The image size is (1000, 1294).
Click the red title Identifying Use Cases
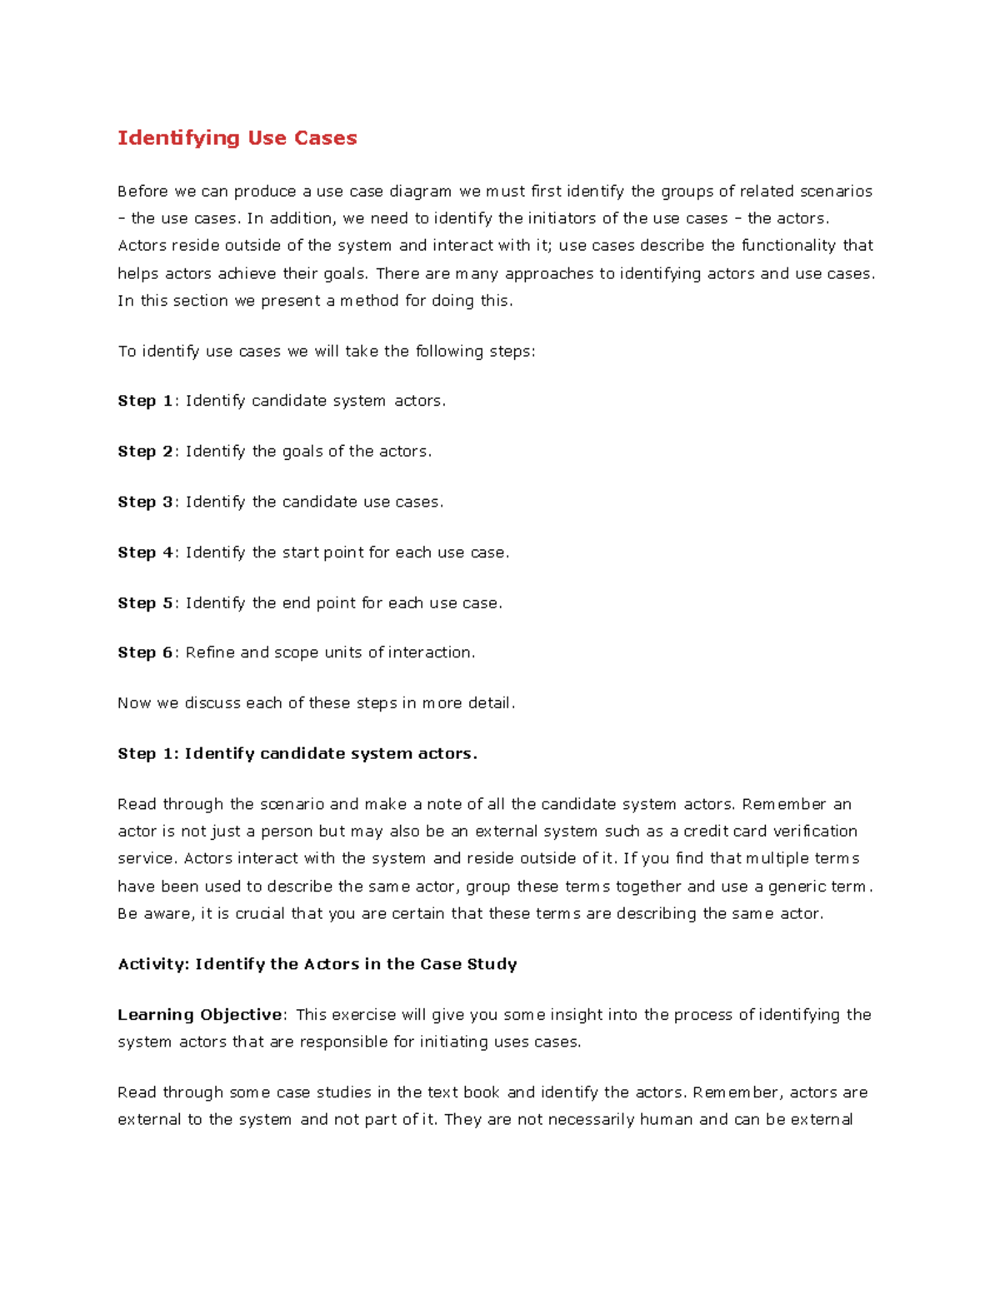[237, 138]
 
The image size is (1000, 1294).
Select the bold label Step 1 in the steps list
[145, 401]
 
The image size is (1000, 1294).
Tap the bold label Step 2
[145, 452]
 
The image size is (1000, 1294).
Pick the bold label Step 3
[145, 502]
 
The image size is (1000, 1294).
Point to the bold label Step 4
[145, 552]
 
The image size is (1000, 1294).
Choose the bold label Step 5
[145, 602]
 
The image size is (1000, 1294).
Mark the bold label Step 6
[145, 652]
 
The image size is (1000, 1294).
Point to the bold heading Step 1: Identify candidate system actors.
[297, 754]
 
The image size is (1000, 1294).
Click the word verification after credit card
[815, 832]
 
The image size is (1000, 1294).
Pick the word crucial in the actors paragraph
[259, 914]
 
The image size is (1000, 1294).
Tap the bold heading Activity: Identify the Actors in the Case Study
[317, 964]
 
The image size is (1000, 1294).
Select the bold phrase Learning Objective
[200, 1015]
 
